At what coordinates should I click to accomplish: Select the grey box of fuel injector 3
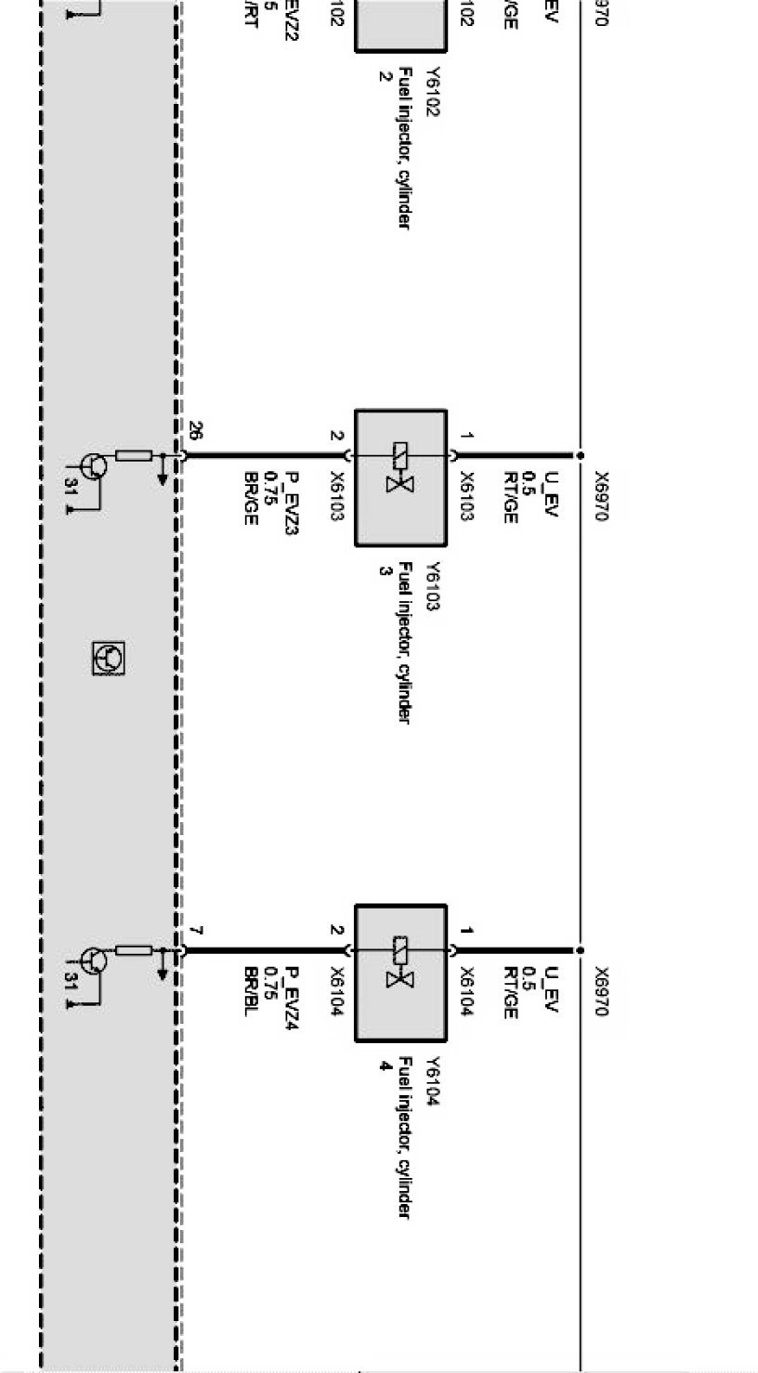(400, 477)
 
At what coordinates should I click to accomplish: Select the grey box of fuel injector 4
(400, 973)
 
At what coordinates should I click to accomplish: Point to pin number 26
(195, 431)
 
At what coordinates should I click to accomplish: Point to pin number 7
(195, 930)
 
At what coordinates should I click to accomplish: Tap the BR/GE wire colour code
(250, 498)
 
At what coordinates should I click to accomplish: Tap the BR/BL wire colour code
(250, 992)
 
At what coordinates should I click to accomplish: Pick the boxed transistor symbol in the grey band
(109, 659)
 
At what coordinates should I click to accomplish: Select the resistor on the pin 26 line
(134, 455)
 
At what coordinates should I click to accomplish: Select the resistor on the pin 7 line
(134, 950)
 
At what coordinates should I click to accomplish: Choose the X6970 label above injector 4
(602, 991)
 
